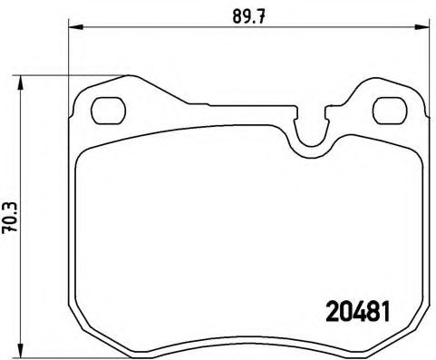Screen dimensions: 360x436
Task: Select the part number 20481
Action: pyautogui.click(x=356, y=309)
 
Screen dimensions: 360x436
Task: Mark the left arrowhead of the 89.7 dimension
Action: pyautogui.click(x=73, y=27)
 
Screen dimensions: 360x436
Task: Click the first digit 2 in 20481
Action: pyautogui.click(x=331, y=309)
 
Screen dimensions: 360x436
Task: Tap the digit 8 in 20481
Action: pyautogui.click(x=369, y=309)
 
